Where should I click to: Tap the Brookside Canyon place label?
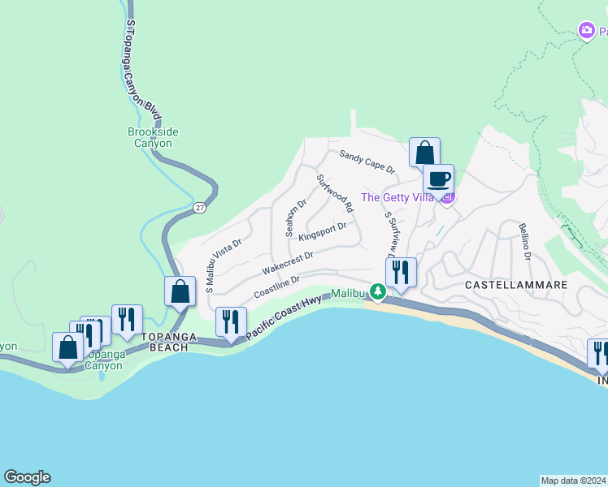[x=153, y=137]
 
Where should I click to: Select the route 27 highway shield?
[x=200, y=208]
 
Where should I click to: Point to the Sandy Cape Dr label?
[x=367, y=162]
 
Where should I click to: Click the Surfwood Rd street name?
[x=335, y=193]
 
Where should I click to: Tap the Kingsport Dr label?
[x=323, y=231]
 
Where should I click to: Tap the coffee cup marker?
[x=439, y=179]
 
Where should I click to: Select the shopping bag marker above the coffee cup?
[x=424, y=152]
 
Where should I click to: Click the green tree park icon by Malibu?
[x=376, y=291]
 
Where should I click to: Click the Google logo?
[x=27, y=477]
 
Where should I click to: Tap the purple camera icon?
[x=586, y=30]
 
